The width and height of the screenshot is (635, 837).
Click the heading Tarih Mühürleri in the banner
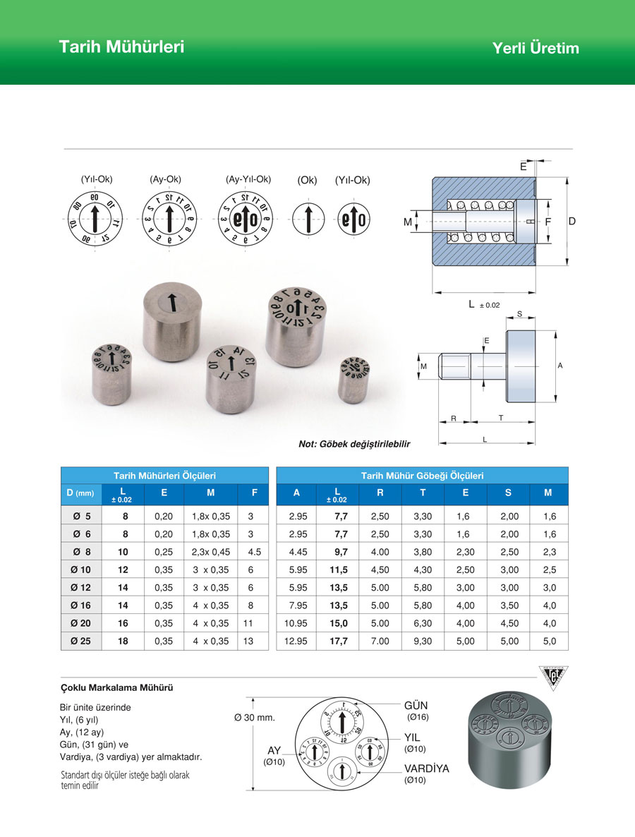click(x=121, y=47)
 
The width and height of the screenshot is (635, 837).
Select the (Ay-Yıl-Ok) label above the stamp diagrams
click(x=248, y=179)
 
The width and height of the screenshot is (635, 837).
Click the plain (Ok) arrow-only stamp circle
click(x=307, y=219)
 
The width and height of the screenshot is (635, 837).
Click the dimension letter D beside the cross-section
click(x=572, y=222)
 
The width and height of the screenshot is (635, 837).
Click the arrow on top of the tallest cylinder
click(x=171, y=302)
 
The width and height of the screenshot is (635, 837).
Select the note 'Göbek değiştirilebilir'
click(x=354, y=444)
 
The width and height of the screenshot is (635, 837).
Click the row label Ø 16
click(x=81, y=605)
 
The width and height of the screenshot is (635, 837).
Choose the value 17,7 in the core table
click(x=337, y=641)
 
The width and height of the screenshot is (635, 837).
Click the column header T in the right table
click(x=423, y=493)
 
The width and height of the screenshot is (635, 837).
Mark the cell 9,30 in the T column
click(x=423, y=641)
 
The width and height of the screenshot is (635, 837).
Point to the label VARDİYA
click(x=426, y=769)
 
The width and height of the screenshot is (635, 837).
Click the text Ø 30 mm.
click(x=254, y=718)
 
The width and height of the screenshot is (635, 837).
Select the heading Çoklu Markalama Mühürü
click(x=117, y=687)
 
